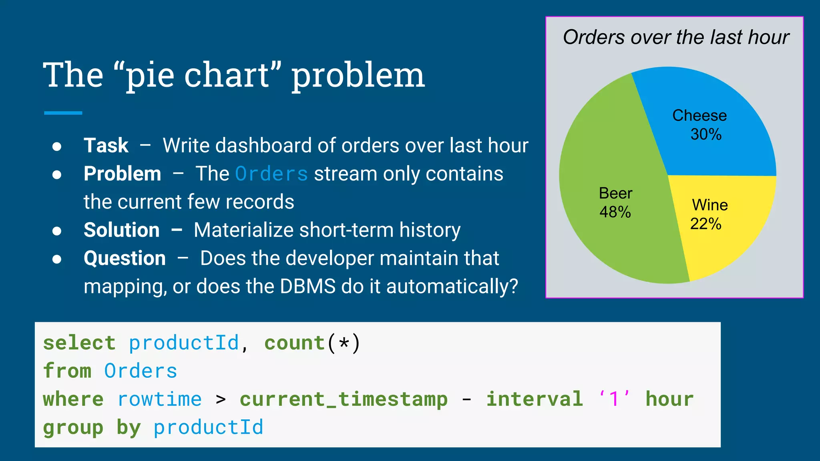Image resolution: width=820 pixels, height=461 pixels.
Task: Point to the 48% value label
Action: pyautogui.click(x=615, y=212)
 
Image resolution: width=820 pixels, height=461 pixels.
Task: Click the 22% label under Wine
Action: pyautogui.click(x=705, y=224)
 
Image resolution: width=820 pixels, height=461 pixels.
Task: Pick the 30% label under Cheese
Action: pyautogui.click(x=706, y=134)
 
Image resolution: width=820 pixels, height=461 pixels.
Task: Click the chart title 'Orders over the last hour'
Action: pyautogui.click(x=676, y=37)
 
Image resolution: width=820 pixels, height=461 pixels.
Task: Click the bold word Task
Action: pyautogui.click(x=106, y=145)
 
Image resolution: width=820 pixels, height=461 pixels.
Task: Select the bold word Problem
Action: pyautogui.click(x=123, y=174)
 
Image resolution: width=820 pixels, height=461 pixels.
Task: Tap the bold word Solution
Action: pyautogui.click(x=122, y=230)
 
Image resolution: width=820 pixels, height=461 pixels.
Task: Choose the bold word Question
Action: pyautogui.click(x=125, y=258)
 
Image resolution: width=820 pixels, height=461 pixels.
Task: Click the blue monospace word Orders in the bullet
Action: pyautogui.click(x=271, y=174)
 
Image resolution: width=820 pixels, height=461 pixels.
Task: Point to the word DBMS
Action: pyautogui.click(x=307, y=287)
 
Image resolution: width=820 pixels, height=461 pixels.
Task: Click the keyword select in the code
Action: pyautogui.click(x=79, y=343)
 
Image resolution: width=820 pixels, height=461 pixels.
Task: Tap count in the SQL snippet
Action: pyautogui.click(x=294, y=343)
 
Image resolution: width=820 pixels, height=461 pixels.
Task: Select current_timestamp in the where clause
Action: pyautogui.click(x=344, y=399)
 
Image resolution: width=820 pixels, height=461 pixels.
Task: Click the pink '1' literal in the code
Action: pyautogui.click(x=614, y=399)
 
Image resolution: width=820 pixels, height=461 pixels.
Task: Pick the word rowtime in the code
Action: pyautogui.click(x=160, y=399)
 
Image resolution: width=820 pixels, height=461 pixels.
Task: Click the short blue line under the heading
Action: pyautogui.click(x=63, y=113)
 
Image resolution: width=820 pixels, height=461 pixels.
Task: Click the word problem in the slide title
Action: pyautogui.click(x=358, y=76)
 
